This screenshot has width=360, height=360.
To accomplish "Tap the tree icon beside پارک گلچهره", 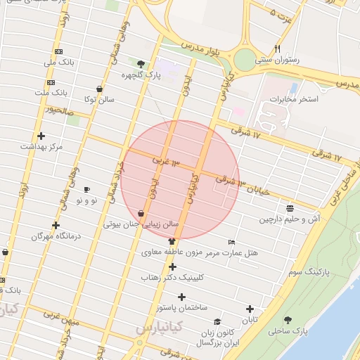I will pos(141,64).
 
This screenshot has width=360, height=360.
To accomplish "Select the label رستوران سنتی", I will pos(276,60).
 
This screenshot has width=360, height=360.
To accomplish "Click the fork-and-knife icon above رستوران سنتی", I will pos(277,49).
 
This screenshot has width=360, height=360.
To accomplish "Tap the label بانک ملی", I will pos(58,63).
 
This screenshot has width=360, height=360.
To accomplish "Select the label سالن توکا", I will pos(99,100).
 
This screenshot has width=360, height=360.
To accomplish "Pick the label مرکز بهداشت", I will pos(41,146).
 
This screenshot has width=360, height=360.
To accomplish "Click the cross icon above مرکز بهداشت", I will pos(41,136).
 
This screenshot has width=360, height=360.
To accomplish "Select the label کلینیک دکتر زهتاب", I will pos(172,278).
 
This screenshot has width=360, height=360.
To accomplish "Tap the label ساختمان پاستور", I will pos(181,308).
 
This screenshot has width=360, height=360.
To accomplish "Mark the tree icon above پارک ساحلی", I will pos(288,320).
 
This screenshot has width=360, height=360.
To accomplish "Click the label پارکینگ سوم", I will pos(307,271).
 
